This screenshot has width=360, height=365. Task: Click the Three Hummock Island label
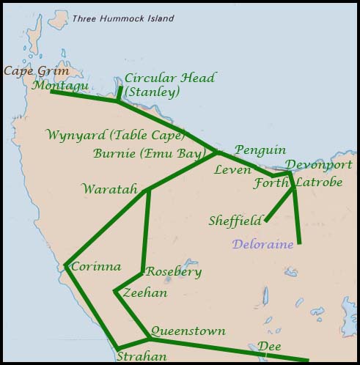[122, 18]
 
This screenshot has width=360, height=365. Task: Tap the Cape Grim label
[36, 71]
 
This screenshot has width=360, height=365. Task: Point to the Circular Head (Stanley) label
[170, 85]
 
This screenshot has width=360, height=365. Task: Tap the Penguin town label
[260, 150]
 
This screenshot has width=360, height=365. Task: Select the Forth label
[271, 183]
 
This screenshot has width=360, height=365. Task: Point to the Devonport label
[318, 165]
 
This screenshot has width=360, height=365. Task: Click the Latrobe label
[318, 182]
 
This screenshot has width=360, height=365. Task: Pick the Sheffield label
[235, 220]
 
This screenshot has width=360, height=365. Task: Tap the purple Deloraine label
[262, 244]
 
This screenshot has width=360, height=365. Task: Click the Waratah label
[110, 189]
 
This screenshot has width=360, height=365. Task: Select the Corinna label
[96, 267]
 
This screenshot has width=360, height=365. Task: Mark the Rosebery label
[174, 271]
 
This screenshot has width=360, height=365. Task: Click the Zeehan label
[145, 293]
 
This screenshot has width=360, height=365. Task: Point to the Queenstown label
[188, 331]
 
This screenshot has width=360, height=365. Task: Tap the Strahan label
[142, 357]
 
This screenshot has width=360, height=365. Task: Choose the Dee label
[269, 347]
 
